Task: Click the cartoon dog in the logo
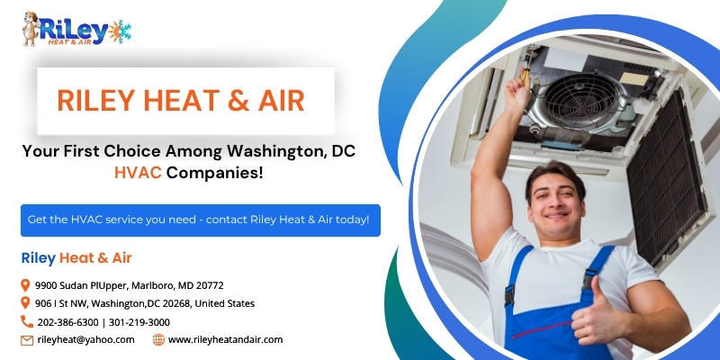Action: coord(31,29)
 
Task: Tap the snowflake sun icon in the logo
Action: coord(120,31)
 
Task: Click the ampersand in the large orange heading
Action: coord(238,101)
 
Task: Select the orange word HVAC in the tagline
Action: coord(138,173)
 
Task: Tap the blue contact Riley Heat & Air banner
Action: coord(201,220)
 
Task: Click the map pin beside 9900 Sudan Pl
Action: coord(26,285)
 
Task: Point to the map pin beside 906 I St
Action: coord(26,303)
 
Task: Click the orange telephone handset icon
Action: coord(27,321)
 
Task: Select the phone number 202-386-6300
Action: coord(68,322)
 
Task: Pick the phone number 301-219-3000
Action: coord(139,322)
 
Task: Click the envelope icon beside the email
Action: coord(27,340)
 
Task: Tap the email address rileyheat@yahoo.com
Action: coord(85,340)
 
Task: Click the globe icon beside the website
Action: coord(158,340)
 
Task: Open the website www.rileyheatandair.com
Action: coord(226,340)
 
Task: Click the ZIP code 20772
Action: coord(210,285)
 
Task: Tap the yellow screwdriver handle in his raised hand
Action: coord(526,75)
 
